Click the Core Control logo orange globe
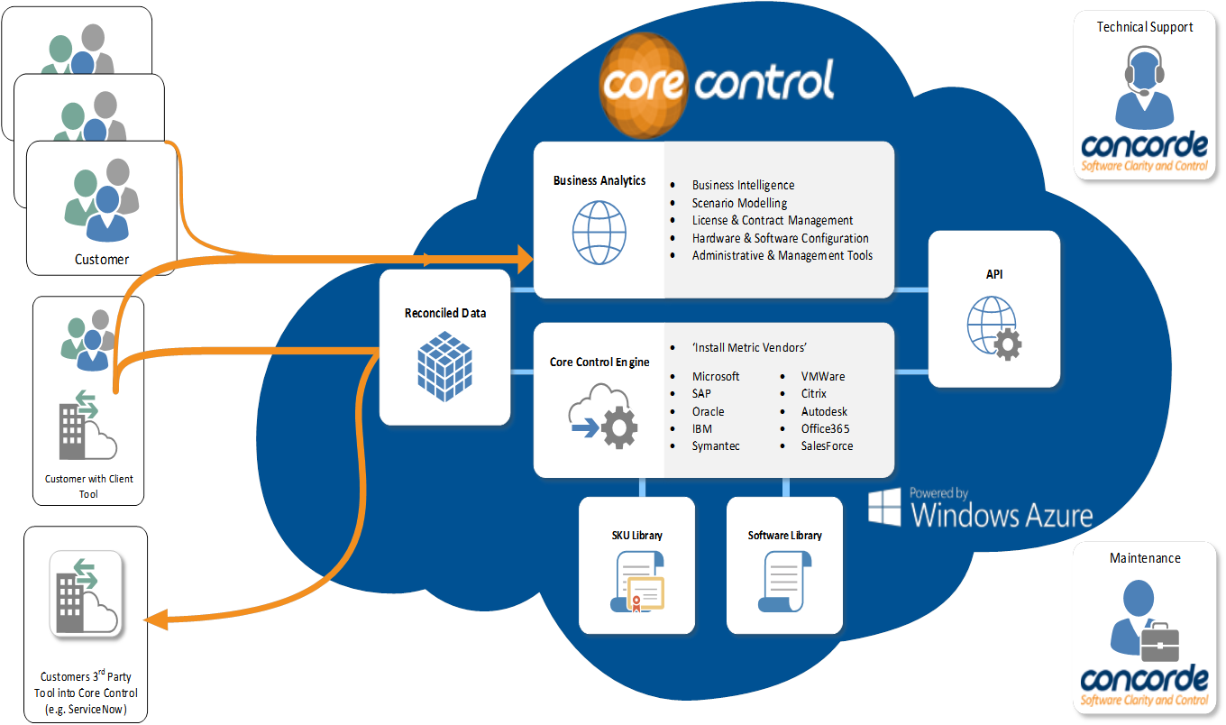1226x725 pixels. pyautogui.click(x=643, y=86)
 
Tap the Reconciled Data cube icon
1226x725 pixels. pyautogui.click(x=444, y=364)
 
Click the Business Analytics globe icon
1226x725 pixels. pyautogui.click(x=599, y=232)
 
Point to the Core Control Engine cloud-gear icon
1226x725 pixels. pyautogui.click(x=603, y=416)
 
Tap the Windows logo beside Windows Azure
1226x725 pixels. pyautogui.click(x=884, y=508)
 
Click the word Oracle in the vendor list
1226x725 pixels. pyautogui.click(x=708, y=411)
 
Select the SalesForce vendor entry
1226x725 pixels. pyautogui.click(x=827, y=445)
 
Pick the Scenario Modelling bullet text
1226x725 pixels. pyautogui.click(x=739, y=203)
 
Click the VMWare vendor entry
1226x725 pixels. pyautogui.click(x=823, y=376)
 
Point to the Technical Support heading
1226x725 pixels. pyautogui.click(x=1144, y=27)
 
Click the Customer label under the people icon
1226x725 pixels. pyautogui.click(x=102, y=260)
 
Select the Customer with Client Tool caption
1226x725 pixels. pyautogui.click(x=89, y=486)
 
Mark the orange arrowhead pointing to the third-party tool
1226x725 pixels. pyautogui.click(x=155, y=619)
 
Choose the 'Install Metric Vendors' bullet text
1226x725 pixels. pyautogui.click(x=748, y=348)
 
